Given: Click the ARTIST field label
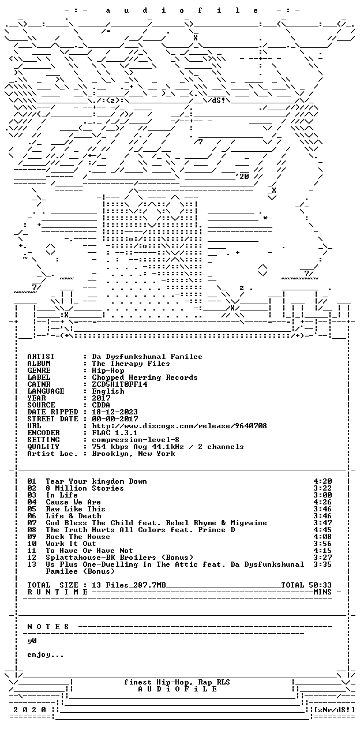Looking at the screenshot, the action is coord(41,357).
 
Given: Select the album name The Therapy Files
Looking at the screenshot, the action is coord(131,364).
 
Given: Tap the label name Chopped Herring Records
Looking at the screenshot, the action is coord(145,377).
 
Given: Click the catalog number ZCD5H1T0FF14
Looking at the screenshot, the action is coord(119,384).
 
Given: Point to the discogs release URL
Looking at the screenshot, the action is coord(179,426).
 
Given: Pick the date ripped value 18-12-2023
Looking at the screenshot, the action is coord(115,412).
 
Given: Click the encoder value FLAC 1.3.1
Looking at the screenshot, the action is coord(115,433).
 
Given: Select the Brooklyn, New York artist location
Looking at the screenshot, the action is coord(133,454).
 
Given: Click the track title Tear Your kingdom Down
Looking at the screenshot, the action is coord(96,481).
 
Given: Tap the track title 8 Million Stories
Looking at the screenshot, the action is coord(85,488).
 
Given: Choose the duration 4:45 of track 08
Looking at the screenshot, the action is coord(322,530).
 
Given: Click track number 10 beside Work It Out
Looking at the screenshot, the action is coord(32,544).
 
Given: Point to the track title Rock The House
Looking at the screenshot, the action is coord(78,537).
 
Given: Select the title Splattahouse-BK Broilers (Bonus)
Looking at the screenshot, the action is coord(119,558).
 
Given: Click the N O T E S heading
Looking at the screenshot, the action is coord(48,626).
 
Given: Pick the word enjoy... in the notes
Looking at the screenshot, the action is coord(46,654).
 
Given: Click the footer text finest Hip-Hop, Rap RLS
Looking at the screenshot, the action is coord(177,682).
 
